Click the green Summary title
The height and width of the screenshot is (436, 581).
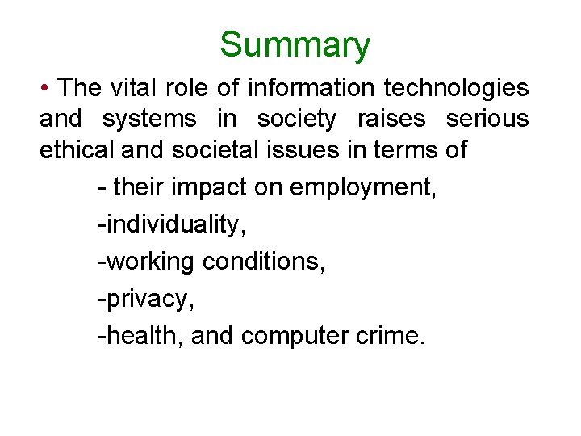coord(295,45)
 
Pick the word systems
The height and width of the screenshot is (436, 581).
coord(149,119)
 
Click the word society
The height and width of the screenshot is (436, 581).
coord(296,119)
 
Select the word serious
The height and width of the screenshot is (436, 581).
coord(487,119)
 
